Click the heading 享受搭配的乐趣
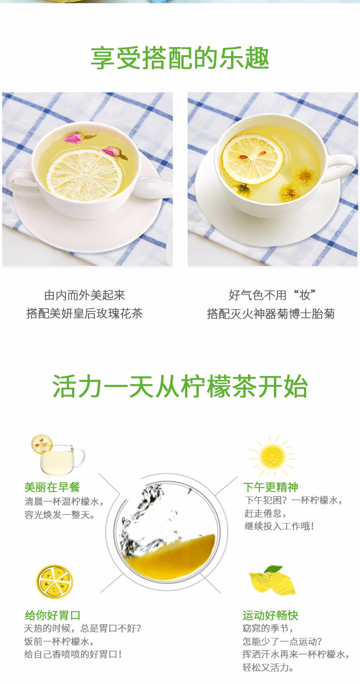pyautogui.click(x=180, y=58)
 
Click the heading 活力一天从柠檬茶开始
pyautogui.click(x=180, y=387)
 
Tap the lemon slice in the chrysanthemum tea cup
pyautogui.click(x=252, y=159)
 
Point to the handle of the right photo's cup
pyautogui.click(x=343, y=166)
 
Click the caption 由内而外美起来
pyautogui.click(x=85, y=295)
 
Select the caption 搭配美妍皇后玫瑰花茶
pyautogui.click(x=85, y=314)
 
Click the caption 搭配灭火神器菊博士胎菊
pyautogui.click(x=271, y=314)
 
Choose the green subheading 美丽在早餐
pyautogui.click(x=52, y=487)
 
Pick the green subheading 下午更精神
pyautogui.click(x=271, y=487)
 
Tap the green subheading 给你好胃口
pyautogui.click(x=52, y=615)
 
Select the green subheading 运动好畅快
pyautogui.click(x=270, y=615)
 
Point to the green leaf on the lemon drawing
pyautogui.click(x=273, y=569)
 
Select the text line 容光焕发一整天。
pyautogui.click(x=60, y=515)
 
